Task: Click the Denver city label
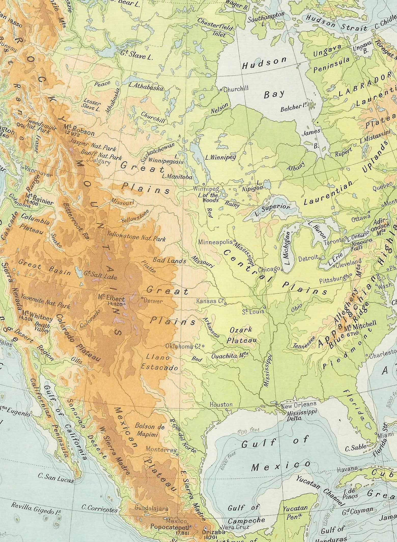click(x=153, y=301)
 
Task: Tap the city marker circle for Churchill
click(x=221, y=90)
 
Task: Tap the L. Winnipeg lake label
click(x=221, y=157)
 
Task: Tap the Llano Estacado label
click(x=159, y=362)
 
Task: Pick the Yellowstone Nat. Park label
click(x=136, y=236)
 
